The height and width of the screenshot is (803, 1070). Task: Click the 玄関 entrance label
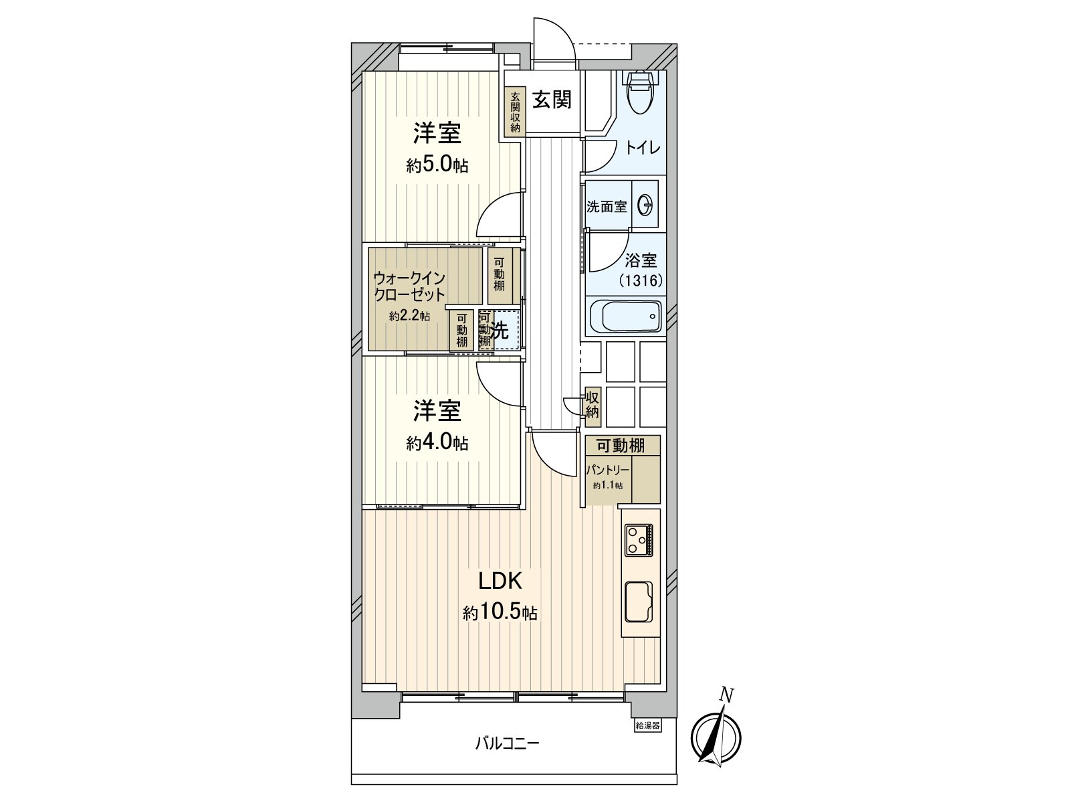tap(551, 100)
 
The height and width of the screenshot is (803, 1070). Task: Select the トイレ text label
tap(643, 147)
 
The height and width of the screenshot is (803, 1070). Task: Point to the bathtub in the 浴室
tap(625, 317)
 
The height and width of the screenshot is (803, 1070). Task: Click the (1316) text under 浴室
tap(641, 281)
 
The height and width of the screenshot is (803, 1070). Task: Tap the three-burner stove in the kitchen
tap(639, 540)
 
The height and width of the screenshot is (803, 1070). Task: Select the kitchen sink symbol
tap(639, 602)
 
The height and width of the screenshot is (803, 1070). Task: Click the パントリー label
tap(607, 470)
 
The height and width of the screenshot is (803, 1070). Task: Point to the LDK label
tap(499, 580)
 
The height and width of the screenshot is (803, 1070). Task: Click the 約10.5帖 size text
tap(500, 612)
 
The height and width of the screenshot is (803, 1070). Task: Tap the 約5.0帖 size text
tap(437, 165)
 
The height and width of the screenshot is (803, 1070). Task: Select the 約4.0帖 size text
tap(437, 442)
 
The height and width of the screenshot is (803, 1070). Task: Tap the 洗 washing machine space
tap(502, 330)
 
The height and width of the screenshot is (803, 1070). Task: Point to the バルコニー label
tap(507, 743)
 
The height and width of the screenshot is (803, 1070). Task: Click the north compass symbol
tap(716, 737)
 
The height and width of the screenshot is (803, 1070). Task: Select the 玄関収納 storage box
tap(515, 112)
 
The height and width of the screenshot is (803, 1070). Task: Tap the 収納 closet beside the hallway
tap(592, 405)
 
